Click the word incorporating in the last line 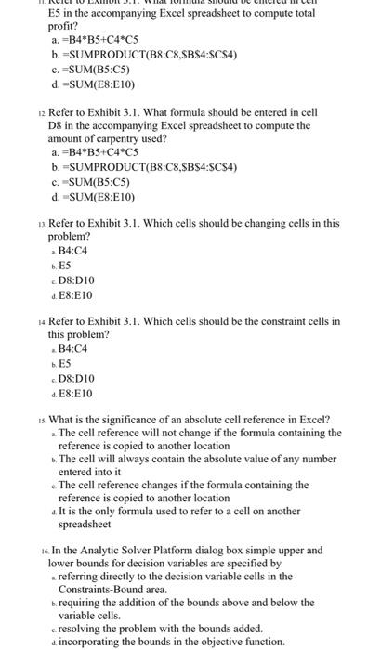(x=96, y=642)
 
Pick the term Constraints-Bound (x=100, y=589)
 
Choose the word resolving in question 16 (x=84, y=628)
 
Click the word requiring (x=85, y=603)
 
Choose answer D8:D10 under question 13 (x=76, y=279)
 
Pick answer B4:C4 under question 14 (x=72, y=348)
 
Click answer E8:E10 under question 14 (x=76, y=392)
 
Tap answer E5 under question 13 (x=65, y=265)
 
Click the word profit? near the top (x=65, y=26)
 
